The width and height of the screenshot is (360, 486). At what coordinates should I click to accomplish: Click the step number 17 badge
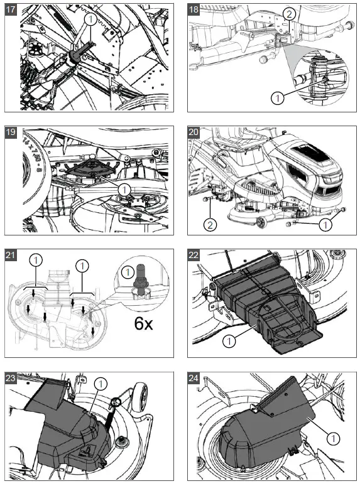pyautogui.click(x=10, y=9)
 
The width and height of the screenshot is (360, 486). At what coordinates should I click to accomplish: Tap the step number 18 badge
pyautogui.click(x=193, y=9)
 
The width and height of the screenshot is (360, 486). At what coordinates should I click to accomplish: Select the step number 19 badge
pyautogui.click(x=10, y=132)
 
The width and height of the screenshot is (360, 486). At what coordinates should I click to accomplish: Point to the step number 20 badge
pyautogui.click(x=193, y=132)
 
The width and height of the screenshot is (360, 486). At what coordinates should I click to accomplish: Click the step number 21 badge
pyautogui.click(x=10, y=254)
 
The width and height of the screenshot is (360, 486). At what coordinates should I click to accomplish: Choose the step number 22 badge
pyautogui.click(x=193, y=254)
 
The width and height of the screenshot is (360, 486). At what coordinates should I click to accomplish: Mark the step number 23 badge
pyautogui.click(x=10, y=377)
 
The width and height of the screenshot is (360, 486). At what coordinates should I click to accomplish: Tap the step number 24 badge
pyautogui.click(x=193, y=377)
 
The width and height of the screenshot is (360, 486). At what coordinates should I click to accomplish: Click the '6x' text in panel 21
pyautogui.click(x=143, y=323)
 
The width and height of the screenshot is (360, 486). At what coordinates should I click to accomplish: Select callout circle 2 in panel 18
pyautogui.click(x=289, y=14)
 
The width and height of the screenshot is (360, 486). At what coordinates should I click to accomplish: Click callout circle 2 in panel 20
pyautogui.click(x=210, y=224)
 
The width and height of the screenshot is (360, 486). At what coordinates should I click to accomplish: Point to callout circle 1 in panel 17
pyautogui.click(x=90, y=19)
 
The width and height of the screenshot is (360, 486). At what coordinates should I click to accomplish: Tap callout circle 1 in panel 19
pyautogui.click(x=124, y=190)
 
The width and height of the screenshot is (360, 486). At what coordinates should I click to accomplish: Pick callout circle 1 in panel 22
pyautogui.click(x=229, y=341)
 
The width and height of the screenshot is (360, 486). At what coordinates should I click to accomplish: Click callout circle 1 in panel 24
pyautogui.click(x=334, y=438)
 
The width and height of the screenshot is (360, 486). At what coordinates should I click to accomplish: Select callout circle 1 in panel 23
pyautogui.click(x=101, y=384)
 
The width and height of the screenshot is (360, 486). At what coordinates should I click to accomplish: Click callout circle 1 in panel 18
pyautogui.click(x=277, y=98)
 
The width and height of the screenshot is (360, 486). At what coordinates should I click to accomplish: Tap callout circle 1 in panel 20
pyautogui.click(x=325, y=224)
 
